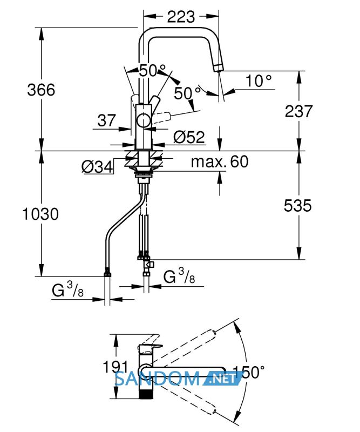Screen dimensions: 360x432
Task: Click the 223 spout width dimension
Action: click(181, 17)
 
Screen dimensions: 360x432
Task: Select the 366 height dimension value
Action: click(41, 90)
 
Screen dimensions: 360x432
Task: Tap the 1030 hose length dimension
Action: click(40, 214)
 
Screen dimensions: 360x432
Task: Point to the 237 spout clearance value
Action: click(298, 111)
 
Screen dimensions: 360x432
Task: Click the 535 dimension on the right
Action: click(298, 206)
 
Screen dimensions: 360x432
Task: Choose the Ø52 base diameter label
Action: click(189, 137)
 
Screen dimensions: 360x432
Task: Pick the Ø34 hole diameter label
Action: click(97, 167)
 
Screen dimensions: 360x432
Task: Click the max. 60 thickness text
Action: click(220, 161)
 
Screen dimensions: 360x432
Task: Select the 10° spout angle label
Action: click(259, 80)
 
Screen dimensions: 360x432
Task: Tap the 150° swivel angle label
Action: click(249, 372)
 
